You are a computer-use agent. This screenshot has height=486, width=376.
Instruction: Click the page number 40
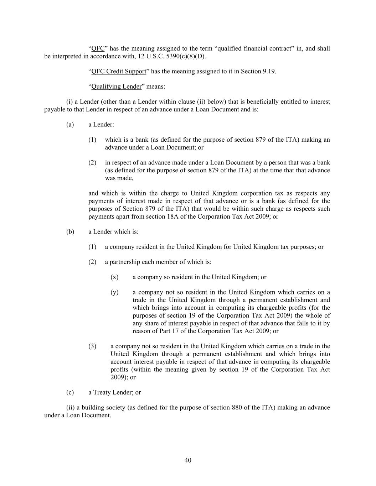pyautogui.click(x=188, y=460)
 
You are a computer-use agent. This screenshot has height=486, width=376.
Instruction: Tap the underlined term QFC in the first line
pyautogui.click(x=98, y=48)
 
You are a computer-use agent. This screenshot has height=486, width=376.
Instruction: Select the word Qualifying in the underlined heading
pyautogui.click(x=106, y=87)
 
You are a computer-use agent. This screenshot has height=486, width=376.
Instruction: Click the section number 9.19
pyautogui.click(x=269, y=71)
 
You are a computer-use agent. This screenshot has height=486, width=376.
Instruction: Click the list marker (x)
pyautogui.click(x=114, y=277)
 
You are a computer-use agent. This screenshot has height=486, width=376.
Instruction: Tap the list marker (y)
pyautogui.click(x=114, y=292)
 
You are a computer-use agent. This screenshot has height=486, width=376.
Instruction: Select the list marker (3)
pyautogui.click(x=92, y=346)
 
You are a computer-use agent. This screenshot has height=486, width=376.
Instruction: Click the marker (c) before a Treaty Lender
pyautogui.click(x=70, y=392)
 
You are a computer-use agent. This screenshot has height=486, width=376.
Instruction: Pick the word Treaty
pyautogui.click(x=102, y=392)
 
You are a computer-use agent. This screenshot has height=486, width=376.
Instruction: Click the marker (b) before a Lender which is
pyautogui.click(x=70, y=232)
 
